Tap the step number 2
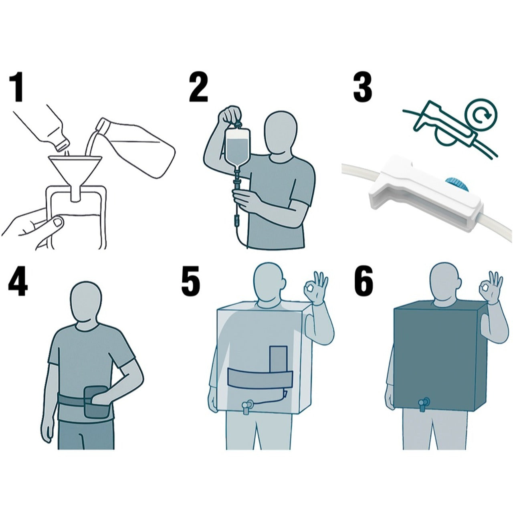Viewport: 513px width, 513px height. (x=198, y=88)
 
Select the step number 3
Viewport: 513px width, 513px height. (x=362, y=88)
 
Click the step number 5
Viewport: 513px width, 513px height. (x=191, y=283)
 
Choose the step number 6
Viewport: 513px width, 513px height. (x=364, y=283)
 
